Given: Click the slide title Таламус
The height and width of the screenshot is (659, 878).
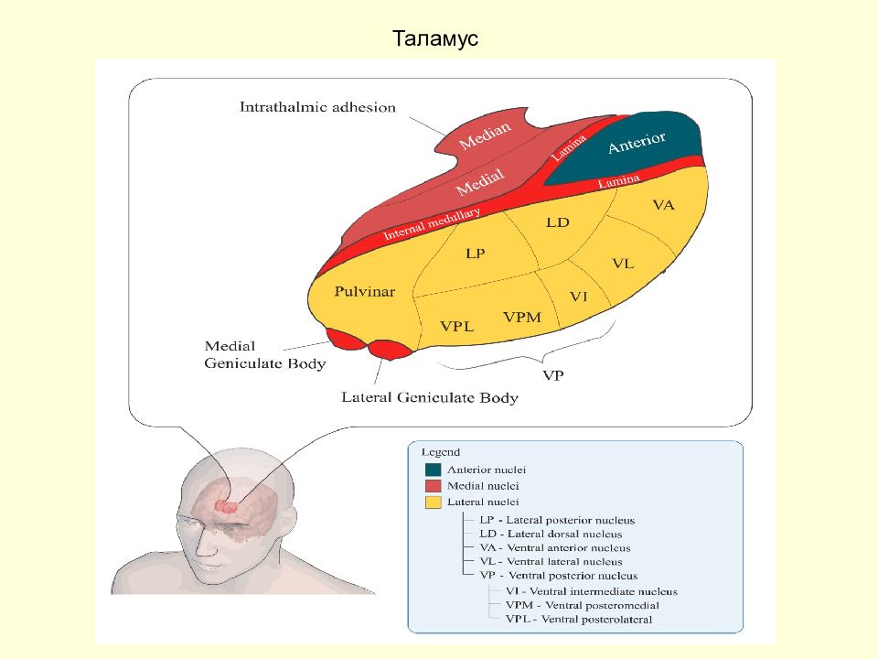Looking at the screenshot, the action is tap(435, 38).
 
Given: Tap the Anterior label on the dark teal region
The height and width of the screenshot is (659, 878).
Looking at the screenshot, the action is tap(637, 143).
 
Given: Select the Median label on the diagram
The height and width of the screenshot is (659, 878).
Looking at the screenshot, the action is tap(485, 135).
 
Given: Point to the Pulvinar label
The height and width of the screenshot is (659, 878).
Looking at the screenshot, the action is tap(365, 291).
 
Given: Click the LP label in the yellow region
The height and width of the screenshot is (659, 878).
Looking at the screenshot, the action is tap(476, 254).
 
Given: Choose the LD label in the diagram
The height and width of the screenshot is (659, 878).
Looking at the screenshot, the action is tap(558, 222).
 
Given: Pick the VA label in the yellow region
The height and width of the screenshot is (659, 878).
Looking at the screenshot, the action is tap(664, 205).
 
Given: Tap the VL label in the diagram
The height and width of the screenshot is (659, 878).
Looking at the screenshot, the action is tap(623, 264).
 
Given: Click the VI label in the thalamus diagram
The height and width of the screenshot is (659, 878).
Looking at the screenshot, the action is tap(578, 297).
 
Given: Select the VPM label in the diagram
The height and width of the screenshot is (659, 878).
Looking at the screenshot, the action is tap(522, 318).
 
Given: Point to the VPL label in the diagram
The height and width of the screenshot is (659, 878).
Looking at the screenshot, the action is tap(457, 326).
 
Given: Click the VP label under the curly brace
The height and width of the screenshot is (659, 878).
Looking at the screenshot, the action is tap(553, 375).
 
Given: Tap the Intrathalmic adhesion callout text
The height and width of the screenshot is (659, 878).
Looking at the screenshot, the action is tap(317, 107).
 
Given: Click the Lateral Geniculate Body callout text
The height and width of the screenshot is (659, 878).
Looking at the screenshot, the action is tap(430, 397).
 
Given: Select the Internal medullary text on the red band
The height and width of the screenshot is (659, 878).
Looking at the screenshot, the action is tap(432, 223).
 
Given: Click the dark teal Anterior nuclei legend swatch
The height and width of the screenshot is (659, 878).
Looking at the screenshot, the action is tap(433, 470).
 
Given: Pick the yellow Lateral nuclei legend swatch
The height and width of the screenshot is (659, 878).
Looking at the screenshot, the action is tap(433, 502).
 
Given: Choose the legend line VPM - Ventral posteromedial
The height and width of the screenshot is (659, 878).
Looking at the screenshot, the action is tap(583, 605).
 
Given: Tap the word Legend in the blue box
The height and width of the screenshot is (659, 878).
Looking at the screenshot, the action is tap(441, 451).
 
